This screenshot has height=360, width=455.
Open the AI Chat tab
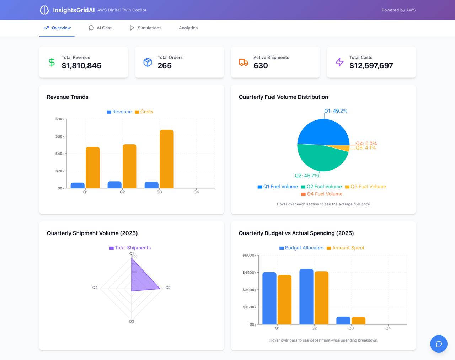100,28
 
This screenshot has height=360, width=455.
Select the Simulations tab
145,28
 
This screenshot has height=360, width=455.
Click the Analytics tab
188,28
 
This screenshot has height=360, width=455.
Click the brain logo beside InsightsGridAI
44,10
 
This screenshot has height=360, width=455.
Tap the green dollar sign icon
52,62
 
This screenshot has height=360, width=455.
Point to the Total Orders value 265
165,66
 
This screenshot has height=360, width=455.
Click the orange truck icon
243,62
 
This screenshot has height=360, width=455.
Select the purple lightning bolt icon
339,62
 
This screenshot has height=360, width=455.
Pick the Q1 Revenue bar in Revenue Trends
77,186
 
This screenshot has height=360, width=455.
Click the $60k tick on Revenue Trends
60,136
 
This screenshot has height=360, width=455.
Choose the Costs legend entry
144,112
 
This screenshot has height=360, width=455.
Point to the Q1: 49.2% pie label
336,111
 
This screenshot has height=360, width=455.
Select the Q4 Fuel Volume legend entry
322,194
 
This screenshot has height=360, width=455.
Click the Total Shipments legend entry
130,248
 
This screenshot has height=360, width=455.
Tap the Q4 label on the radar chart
95,288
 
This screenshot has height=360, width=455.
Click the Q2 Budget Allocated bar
306,297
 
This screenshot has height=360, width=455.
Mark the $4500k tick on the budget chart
249,273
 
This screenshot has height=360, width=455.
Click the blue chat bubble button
439,344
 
